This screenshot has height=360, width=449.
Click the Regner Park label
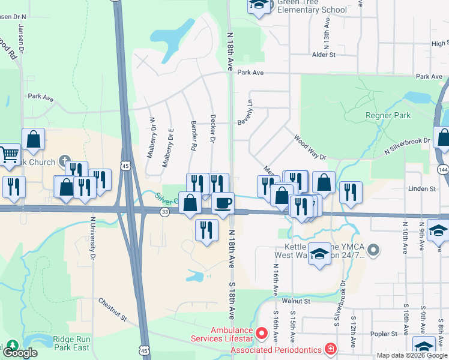pyautogui.click(x=387, y=115)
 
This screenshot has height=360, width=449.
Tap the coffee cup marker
pyautogui.click(x=223, y=203)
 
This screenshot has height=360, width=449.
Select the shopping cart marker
pyautogui.click(x=8, y=155)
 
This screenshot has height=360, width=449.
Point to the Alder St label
pyautogui.click(x=323, y=55)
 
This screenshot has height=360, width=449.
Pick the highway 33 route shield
pyautogui.click(x=165, y=212)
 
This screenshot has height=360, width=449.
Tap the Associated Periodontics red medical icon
pyautogui.click(x=330, y=349)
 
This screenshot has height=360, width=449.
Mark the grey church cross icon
pyautogui.click(x=62, y=161)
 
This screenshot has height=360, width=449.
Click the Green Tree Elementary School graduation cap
pyautogui.click(x=259, y=5)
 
